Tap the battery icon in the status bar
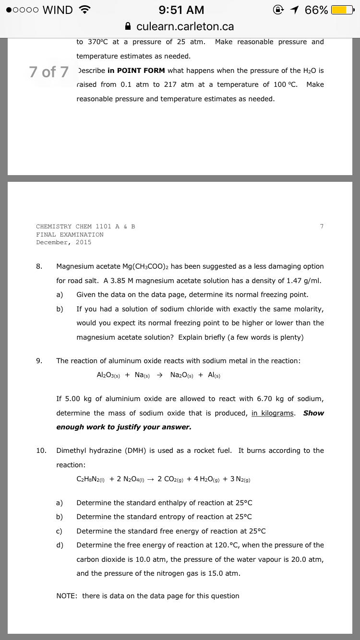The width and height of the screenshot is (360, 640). click(343, 10)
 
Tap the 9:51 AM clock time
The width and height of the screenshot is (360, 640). click(180, 10)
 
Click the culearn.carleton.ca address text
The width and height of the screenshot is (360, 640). click(185, 26)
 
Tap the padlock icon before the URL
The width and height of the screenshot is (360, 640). click(127, 26)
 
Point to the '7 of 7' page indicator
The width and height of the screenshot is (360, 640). click(48, 72)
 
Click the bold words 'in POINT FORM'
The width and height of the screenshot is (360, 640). click(136, 71)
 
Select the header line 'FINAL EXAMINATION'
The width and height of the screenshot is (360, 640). click(70, 235)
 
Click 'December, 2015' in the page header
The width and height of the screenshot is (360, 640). click(63, 242)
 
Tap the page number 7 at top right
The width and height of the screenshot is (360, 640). click(322, 226)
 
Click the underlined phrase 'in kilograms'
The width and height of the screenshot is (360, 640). click(273, 413)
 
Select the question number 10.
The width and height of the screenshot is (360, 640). click(41, 450)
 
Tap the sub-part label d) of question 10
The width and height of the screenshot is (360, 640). click(60, 545)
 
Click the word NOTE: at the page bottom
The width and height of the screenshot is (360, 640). click(67, 596)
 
